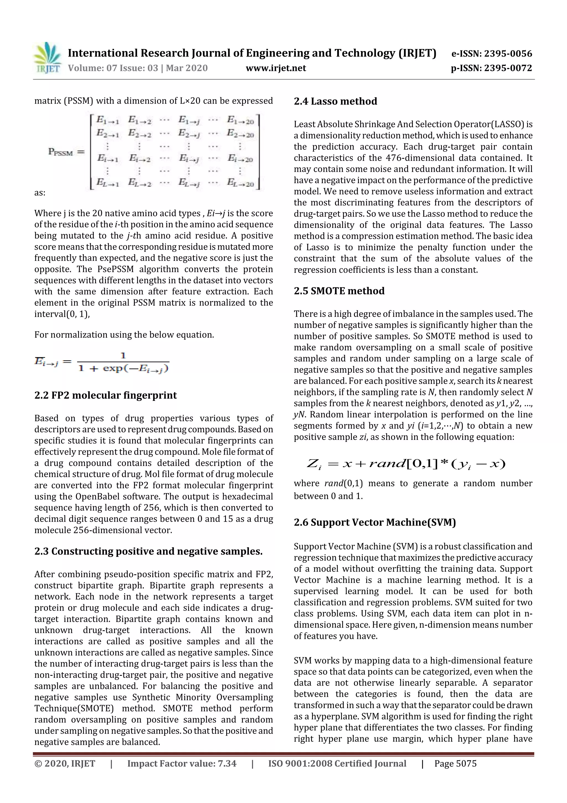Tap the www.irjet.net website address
pyautogui.click(x=276, y=68)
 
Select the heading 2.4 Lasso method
pyautogui.click(x=335, y=101)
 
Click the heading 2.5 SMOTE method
pyautogui.click(x=339, y=291)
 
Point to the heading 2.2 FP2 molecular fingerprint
pyautogui.click(x=105, y=395)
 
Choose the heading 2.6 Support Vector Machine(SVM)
pyautogui.click(x=375, y=522)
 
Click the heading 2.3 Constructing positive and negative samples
pyautogui.click(x=148, y=551)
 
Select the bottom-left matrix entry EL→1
pyautogui.click(x=108, y=183)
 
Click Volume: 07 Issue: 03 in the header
pyautogui.click(x=113, y=68)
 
